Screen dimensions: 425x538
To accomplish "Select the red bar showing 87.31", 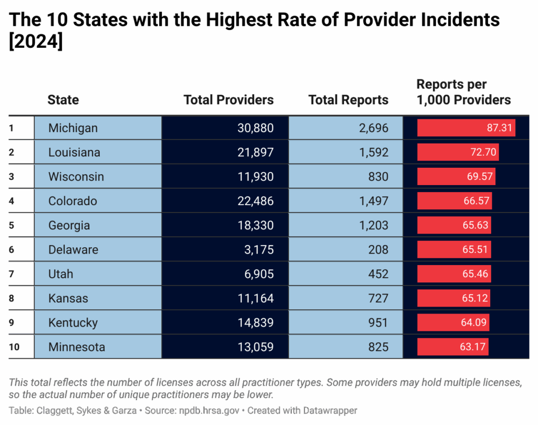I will point(466,128).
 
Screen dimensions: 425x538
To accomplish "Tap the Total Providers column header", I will point(229,100).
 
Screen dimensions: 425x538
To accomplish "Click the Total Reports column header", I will point(348,100).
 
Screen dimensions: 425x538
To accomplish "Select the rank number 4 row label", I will point(12,201).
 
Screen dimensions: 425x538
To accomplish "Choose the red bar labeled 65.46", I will point(454,274).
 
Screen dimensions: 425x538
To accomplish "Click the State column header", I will point(63,100).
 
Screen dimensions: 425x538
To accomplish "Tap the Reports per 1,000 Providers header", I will point(463,92).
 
